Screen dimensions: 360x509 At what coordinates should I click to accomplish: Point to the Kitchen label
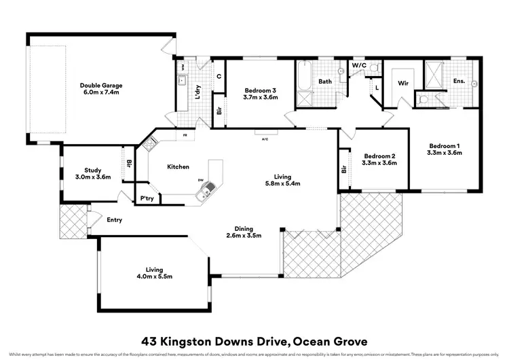[178, 166]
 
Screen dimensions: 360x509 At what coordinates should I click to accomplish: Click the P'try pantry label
[147, 198]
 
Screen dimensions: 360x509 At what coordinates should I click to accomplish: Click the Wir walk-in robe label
[402, 83]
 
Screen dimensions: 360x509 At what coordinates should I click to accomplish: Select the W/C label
[358, 65]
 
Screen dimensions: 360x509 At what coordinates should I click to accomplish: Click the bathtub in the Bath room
[303, 77]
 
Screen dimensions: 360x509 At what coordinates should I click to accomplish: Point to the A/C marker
[265, 140]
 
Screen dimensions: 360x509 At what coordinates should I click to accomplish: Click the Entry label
[115, 219]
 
